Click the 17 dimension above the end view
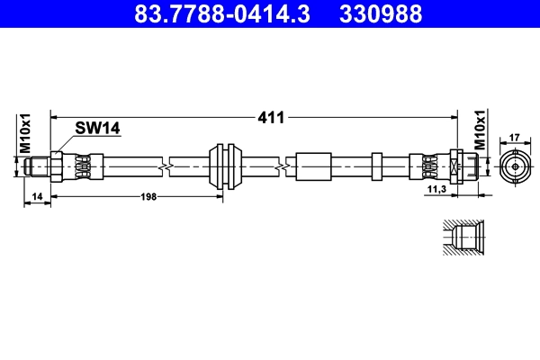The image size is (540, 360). (x=515, y=137)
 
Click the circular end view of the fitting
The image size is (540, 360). (x=515, y=166)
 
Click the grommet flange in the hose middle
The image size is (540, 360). (x=224, y=166)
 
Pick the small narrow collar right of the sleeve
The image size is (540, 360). (x=376, y=166)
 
